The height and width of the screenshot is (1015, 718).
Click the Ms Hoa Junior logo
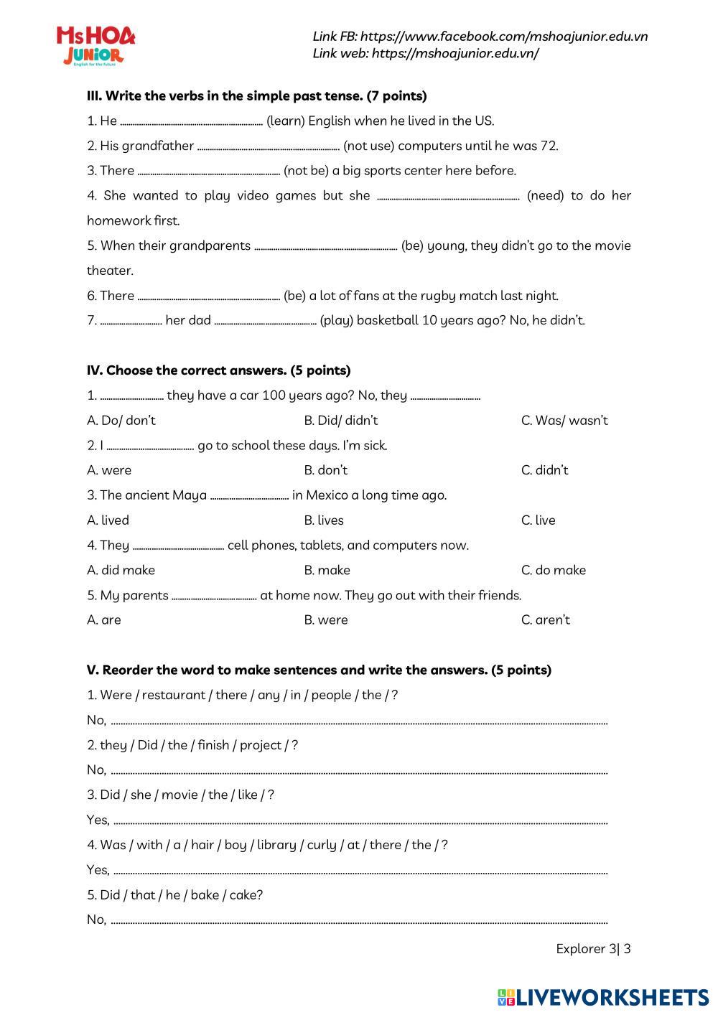95,46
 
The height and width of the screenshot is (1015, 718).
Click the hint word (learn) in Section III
286,121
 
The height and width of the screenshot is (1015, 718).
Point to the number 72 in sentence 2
549,146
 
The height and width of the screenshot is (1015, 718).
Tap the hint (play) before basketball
336,321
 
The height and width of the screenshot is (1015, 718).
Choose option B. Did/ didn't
341,421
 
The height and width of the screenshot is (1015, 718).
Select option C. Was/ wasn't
564,421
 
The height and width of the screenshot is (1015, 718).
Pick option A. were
109,470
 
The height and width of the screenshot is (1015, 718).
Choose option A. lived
108,520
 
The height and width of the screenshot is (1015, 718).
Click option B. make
327,570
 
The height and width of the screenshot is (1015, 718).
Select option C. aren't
546,620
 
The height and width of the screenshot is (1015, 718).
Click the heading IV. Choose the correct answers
218,370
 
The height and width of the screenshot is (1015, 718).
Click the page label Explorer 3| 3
593,949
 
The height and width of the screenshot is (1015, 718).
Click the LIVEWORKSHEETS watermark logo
602,997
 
